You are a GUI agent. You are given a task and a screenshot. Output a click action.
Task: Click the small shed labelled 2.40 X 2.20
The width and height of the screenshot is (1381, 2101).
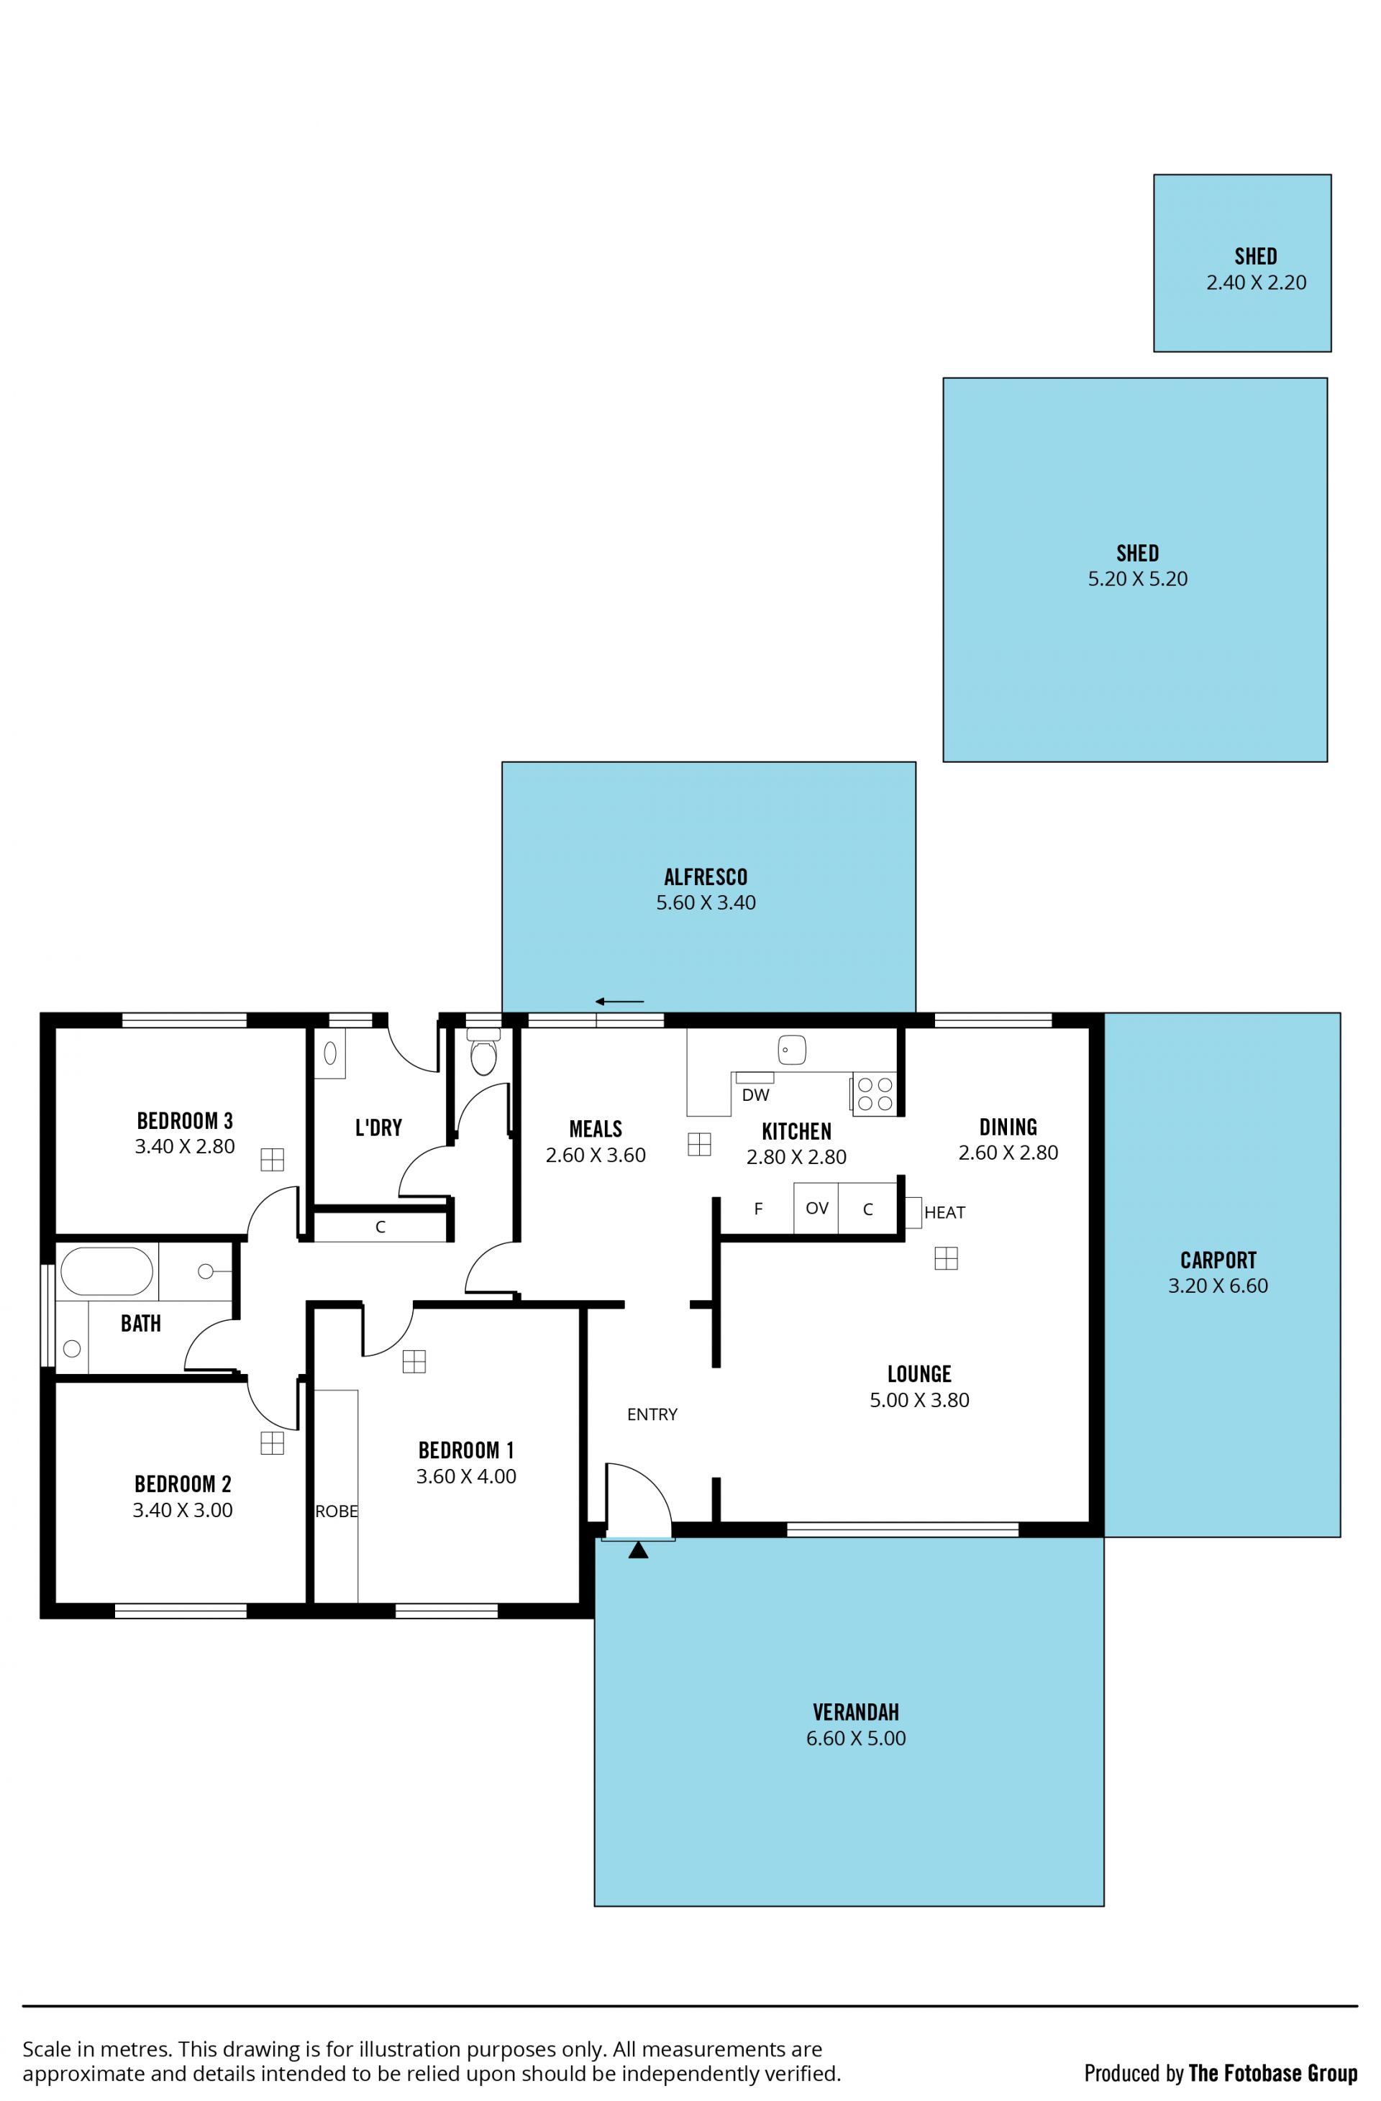click(1241, 263)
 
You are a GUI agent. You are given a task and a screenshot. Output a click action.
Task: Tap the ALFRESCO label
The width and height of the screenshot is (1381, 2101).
click(706, 876)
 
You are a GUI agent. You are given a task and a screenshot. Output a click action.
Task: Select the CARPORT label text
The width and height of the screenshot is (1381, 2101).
click(1218, 1260)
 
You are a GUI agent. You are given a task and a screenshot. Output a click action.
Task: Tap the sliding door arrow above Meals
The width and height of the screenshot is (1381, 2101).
click(619, 1001)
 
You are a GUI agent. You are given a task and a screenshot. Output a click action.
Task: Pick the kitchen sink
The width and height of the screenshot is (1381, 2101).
click(792, 1050)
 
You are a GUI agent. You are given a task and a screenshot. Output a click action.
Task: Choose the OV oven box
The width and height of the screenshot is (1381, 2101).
click(816, 1208)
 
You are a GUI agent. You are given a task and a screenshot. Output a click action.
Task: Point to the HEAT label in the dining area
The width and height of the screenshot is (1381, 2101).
click(944, 1212)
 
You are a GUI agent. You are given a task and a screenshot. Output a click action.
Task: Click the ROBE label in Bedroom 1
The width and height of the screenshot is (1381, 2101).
click(337, 1511)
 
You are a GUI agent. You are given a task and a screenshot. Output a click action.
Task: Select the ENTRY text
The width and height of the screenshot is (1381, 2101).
click(652, 1414)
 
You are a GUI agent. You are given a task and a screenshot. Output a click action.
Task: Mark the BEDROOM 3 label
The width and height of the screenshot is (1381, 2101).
click(185, 1120)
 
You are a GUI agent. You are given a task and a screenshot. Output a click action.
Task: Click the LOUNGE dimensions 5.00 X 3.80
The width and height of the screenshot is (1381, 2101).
click(919, 1399)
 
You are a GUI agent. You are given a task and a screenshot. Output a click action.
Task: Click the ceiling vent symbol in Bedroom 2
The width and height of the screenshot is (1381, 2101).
click(272, 1442)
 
